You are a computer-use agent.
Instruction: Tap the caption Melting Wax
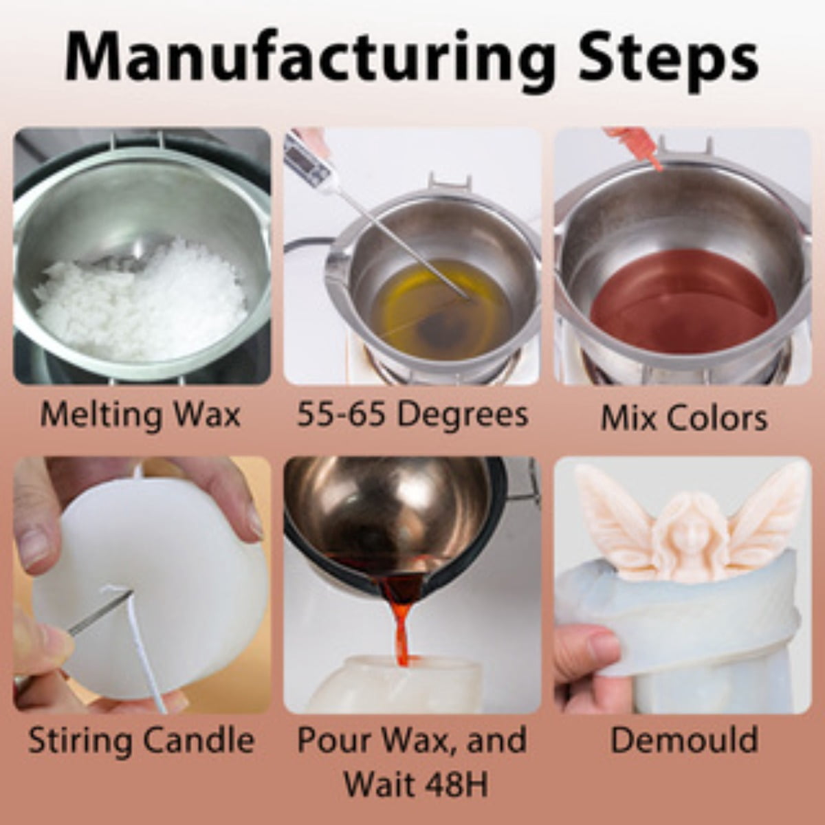pos(140,414)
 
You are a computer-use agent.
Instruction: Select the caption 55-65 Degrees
pos(412,414)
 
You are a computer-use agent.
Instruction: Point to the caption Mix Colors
pos(684,417)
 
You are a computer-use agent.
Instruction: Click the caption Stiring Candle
pos(142,739)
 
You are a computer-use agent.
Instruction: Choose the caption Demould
pos(684,739)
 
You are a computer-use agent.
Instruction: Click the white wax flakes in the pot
pos(142,308)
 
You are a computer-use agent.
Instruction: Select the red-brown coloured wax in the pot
pos(683,300)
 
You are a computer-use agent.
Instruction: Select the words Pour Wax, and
pos(412,739)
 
